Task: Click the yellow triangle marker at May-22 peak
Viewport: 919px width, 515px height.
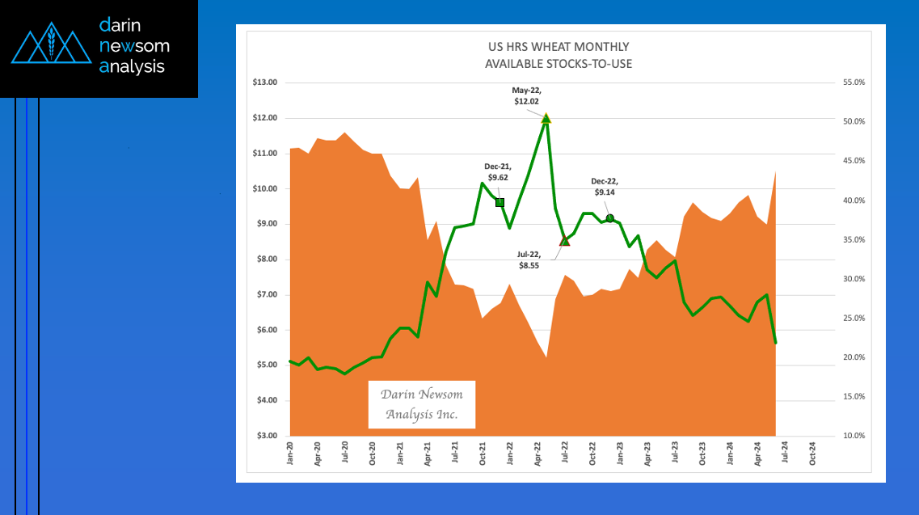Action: [546, 118]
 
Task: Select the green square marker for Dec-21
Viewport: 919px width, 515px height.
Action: [500, 202]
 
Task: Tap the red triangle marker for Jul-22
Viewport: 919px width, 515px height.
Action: [564, 240]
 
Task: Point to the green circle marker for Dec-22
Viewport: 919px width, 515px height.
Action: [610, 218]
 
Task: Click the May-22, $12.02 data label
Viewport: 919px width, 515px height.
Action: [528, 95]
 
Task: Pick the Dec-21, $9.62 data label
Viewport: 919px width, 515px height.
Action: [497, 171]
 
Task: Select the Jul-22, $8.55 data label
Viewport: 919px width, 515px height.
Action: [532, 259]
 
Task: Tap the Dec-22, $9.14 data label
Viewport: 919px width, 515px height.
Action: [605, 187]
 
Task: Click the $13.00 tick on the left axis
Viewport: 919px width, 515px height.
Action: [265, 82]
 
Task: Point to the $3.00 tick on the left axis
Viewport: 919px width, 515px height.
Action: [265, 436]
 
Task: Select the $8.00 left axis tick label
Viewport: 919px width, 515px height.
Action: [265, 260]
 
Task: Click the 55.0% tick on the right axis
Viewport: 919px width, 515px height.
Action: [854, 82]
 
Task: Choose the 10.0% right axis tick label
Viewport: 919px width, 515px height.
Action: [854, 436]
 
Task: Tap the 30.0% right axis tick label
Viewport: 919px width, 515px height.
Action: [854, 279]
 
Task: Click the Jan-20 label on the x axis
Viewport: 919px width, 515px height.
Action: [290, 450]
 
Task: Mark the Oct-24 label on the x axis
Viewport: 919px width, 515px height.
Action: [812, 450]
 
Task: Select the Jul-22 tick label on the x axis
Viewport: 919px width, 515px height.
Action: [565, 450]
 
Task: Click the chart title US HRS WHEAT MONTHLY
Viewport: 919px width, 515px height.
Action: [558, 47]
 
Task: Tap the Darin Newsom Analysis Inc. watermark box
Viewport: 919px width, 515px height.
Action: [421, 404]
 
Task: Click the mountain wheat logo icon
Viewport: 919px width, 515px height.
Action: [51, 48]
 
